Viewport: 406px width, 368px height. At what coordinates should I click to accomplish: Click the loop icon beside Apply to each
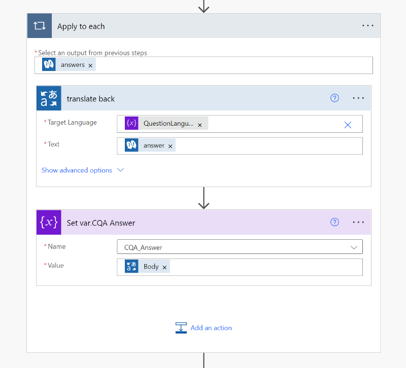coord(40,26)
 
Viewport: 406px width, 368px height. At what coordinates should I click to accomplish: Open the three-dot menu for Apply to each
coord(367,26)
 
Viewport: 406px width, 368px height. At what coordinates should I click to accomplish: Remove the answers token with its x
coord(90,66)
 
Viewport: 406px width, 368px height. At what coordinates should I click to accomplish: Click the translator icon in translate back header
coord(49,98)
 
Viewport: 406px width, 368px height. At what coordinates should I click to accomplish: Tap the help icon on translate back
coord(334,98)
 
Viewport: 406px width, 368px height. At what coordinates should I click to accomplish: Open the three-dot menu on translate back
coord(358,98)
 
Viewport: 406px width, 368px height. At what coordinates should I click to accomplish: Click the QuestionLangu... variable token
coord(166,123)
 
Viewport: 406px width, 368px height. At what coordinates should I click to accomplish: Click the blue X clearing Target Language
coord(348,125)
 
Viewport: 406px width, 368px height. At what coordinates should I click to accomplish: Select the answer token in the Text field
coord(150,145)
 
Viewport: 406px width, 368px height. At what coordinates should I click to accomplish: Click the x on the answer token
coord(170,146)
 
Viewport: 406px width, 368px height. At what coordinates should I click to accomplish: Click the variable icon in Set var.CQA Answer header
coord(49,223)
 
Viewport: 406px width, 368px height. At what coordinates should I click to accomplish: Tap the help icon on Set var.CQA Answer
coord(334,222)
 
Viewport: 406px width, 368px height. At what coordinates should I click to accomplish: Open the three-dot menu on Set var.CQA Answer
coord(358,222)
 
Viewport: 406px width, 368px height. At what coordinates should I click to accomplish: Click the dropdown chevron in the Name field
coord(354,247)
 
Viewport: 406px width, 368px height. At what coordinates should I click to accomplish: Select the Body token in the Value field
coord(147,266)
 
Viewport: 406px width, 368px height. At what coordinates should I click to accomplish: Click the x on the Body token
coord(164,268)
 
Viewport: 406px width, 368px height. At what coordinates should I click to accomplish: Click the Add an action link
coord(204,328)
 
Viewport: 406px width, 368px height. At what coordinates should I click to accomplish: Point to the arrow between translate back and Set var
coord(204,198)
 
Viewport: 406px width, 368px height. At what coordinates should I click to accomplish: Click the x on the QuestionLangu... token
coord(199,125)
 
